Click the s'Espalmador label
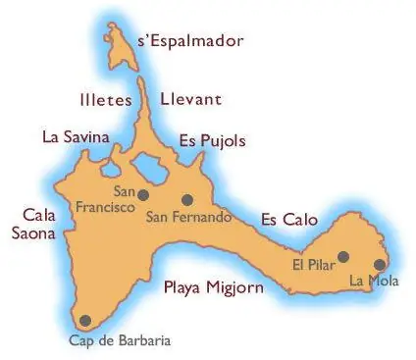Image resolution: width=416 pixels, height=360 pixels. coord(190,41)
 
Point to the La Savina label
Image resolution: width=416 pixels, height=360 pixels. coord(76,137)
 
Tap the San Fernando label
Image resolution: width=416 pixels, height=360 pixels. coord(188,217)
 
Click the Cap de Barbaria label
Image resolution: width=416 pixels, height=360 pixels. coord(105,340)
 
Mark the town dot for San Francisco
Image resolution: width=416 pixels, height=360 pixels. coord(144,194)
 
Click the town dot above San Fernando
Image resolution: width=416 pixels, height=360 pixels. coord(187,199)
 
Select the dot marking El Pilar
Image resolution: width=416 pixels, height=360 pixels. coord(343,257)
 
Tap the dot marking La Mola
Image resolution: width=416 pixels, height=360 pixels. coord(380,264)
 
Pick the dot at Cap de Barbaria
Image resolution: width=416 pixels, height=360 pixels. coord(84,320)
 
